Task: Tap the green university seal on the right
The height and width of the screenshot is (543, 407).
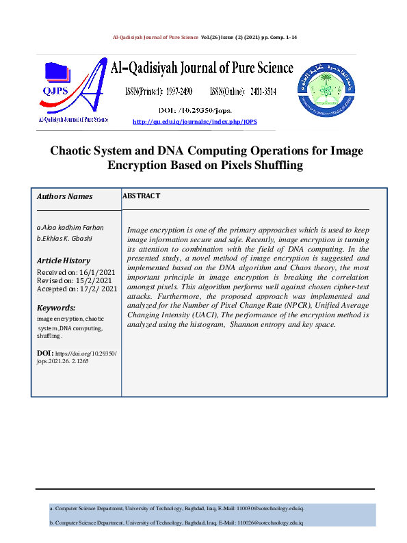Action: click(326, 90)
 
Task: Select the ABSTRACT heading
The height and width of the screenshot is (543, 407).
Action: click(141, 196)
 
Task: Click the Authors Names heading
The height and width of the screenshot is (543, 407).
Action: click(64, 197)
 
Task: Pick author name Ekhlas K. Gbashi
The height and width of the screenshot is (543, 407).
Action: click(68, 238)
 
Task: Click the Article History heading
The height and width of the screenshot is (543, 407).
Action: click(63, 261)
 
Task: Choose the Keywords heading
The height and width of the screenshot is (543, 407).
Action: click(55, 308)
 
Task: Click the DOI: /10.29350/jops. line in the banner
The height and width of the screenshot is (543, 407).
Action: click(195, 109)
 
